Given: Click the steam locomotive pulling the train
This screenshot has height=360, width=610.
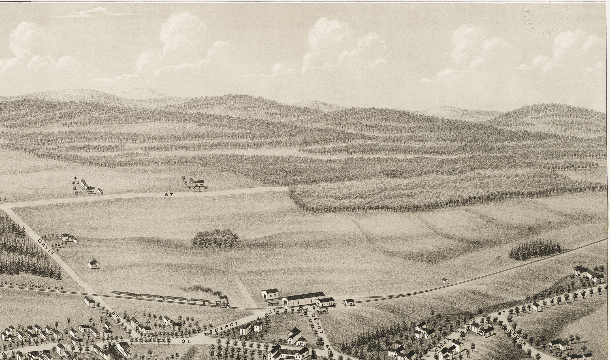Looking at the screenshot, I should point(222,304).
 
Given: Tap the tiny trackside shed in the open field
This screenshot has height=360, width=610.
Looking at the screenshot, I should point(445,281).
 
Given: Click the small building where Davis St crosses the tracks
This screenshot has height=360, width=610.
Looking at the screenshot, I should point(89,301).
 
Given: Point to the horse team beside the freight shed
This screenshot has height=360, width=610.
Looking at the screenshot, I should point(272,304).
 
